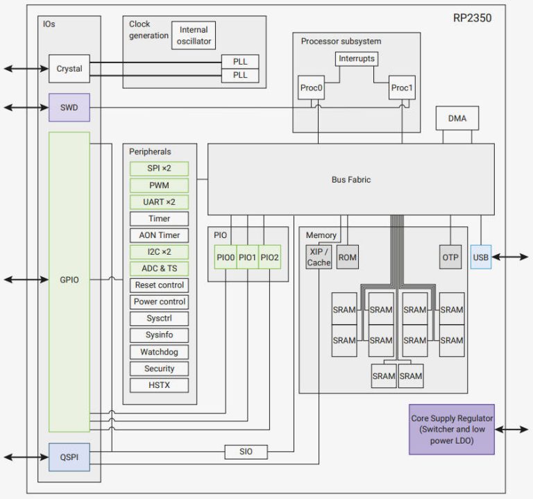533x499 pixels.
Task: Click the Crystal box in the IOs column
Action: [x=69, y=69]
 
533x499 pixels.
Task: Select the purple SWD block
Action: [x=69, y=108]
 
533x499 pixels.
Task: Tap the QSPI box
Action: [x=69, y=457]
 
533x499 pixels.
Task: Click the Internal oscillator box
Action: [x=194, y=35]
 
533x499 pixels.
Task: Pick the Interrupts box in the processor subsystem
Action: [x=357, y=58]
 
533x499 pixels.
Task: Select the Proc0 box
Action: [x=312, y=88]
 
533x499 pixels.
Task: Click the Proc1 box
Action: [x=402, y=88]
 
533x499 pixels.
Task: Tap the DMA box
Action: [x=457, y=119]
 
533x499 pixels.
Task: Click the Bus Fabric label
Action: [x=350, y=180]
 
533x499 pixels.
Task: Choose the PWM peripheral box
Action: [x=159, y=185]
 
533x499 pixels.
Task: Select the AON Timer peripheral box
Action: [x=159, y=235]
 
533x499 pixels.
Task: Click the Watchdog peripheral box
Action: [x=159, y=352]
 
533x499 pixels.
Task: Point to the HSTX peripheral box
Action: [x=159, y=385]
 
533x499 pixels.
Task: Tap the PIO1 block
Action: [x=248, y=257]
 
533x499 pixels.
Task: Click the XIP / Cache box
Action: [x=319, y=257]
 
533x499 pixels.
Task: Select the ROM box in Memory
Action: [x=348, y=257]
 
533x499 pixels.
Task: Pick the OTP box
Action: [x=450, y=257]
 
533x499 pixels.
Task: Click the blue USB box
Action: [x=480, y=257]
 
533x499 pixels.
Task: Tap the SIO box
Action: [x=246, y=452]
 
